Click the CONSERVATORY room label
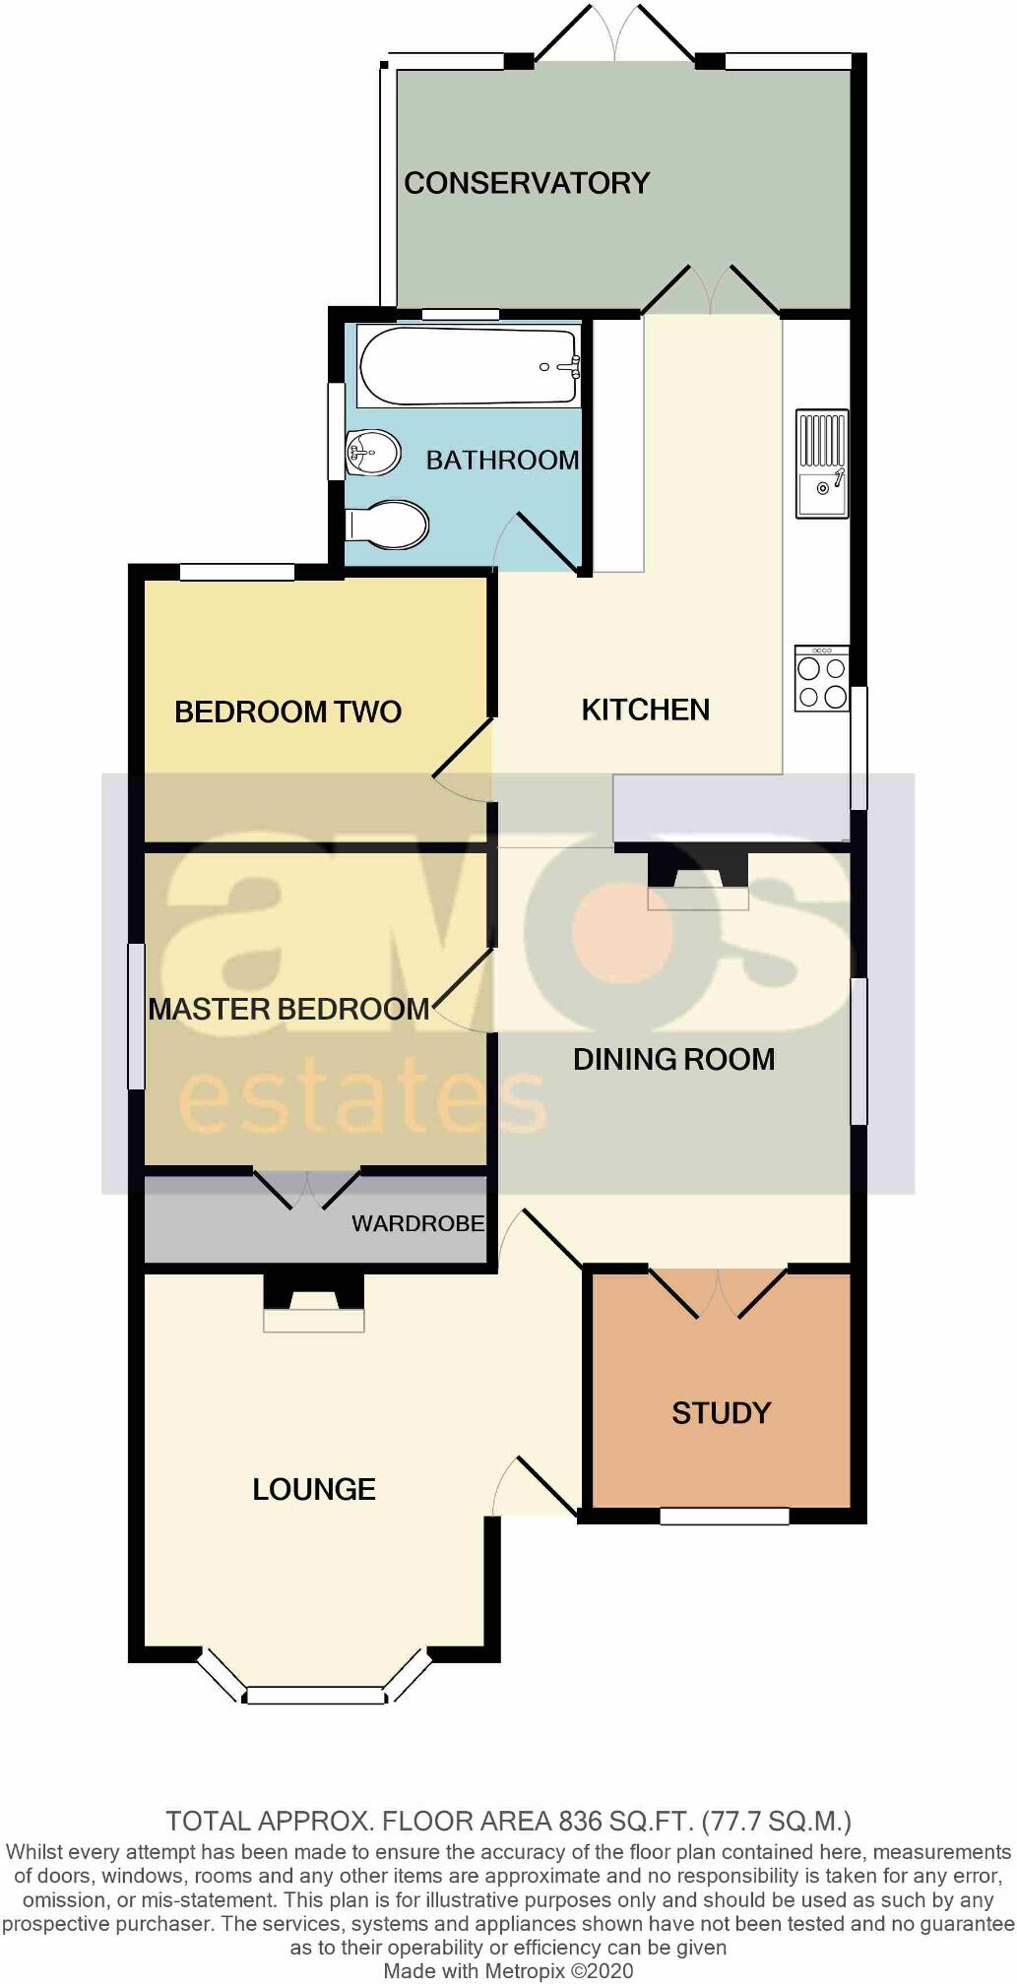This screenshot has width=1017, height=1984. [x=527, y=183]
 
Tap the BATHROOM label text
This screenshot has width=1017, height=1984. [x=502, y=460]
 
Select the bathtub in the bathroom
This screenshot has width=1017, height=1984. [x=468, y=365]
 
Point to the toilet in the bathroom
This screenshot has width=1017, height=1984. [x=388, y=525]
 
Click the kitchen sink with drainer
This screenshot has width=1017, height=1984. [x=821, y=463]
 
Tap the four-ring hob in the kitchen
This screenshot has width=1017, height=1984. [x=821, y=679]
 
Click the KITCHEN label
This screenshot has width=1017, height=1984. [x=645, y=710]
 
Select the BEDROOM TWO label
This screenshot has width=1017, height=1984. [x=287, y=712]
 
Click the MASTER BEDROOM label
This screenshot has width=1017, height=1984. [x=288, y=1009]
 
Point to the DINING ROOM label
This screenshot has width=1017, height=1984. [x=673, y=1059]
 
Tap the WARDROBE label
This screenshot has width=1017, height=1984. [x=418, y=1223]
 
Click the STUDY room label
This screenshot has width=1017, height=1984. [x=721, y=1413]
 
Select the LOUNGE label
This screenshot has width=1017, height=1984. [x=314, y=1489]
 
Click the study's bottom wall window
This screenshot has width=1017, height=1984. [x=724, y=1517]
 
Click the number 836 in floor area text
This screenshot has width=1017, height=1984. [x=583, y=1821]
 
